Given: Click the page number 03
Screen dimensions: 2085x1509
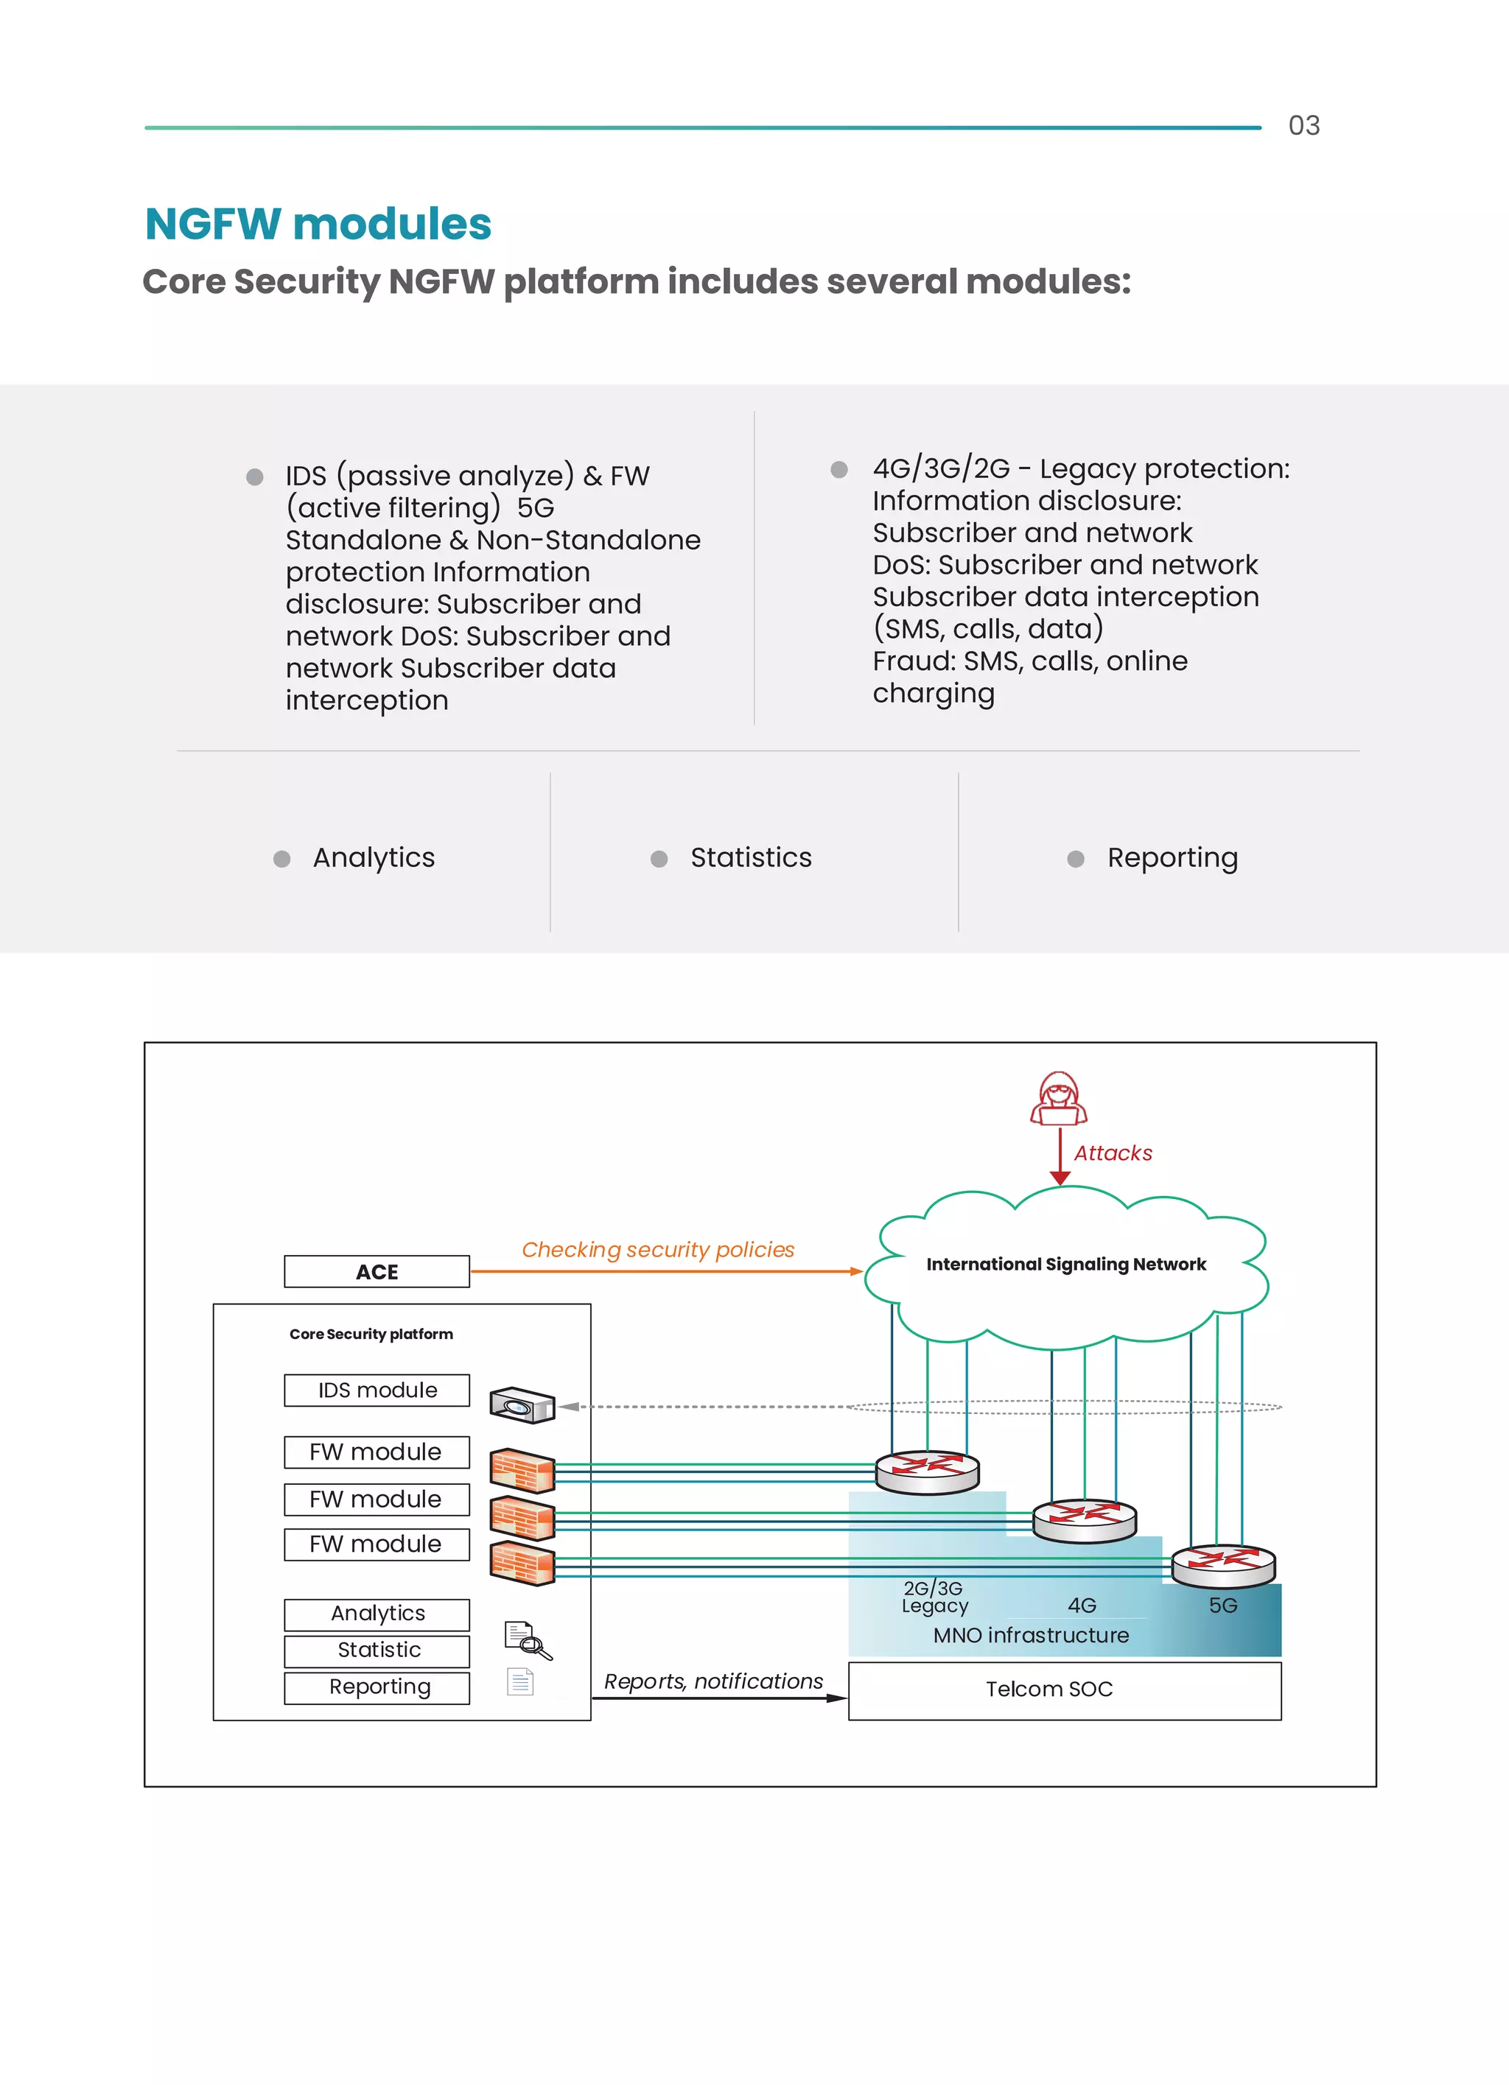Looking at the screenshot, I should click(1303, 125).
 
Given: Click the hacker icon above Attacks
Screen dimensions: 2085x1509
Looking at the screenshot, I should click(1058, 1099).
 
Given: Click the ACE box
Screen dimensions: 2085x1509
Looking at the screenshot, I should click(377, 1271).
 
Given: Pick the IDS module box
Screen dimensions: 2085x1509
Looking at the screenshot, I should click(377, 1390).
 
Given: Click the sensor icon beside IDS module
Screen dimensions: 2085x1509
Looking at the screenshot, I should click(522, 1404).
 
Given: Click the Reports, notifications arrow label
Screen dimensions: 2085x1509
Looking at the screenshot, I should click(713, 1681).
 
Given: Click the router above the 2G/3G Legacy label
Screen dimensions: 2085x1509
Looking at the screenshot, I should click(927, 1471).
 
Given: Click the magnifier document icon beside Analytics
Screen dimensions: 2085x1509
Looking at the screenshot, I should click(528, 1639).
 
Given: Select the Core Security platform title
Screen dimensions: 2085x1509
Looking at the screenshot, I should click(371, 1334).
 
